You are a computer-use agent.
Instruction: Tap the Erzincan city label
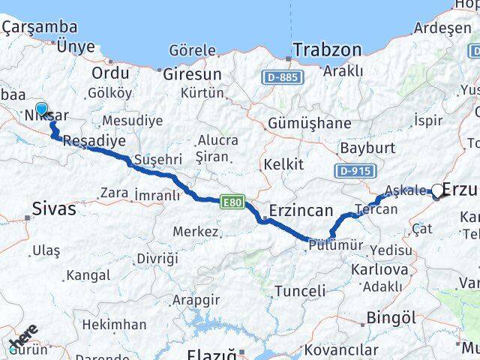[x=300, y=211]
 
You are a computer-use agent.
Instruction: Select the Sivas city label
[x=54, y=208]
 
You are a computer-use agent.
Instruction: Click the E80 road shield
[x=232, y=202]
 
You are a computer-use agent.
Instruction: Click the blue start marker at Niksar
[x=41, y=109]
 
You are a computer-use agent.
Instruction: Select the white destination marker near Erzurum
[x=437, y=191]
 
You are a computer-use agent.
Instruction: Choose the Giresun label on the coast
[x=191, y=74]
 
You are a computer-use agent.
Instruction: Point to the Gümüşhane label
[x=310, y=123]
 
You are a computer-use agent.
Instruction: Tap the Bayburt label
[x=367, y=148]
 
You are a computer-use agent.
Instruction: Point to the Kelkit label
[x=283, y=164]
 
